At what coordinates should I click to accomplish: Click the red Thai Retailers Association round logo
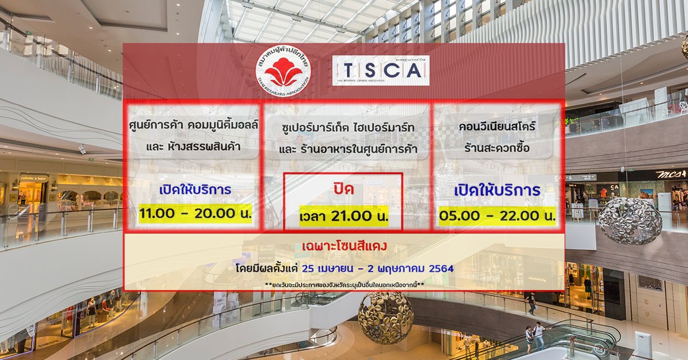tap(283, 71)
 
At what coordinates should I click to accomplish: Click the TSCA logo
tap(381, 71)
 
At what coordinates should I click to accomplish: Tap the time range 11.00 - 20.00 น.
tap(196, 214)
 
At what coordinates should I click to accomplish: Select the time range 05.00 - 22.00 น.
tap(497, 216)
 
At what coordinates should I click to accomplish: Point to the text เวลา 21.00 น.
tap(343, 216)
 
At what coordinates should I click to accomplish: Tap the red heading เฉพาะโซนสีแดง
tap(344, 246)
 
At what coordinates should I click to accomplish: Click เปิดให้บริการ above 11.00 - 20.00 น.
tap(195, 190)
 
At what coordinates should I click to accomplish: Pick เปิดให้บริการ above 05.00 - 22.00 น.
tap(497, 190)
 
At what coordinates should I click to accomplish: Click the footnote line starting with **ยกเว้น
tap(344, 285)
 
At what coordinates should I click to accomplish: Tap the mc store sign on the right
tap(671, 174)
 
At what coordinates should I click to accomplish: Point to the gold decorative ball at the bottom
tap(385, 318)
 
